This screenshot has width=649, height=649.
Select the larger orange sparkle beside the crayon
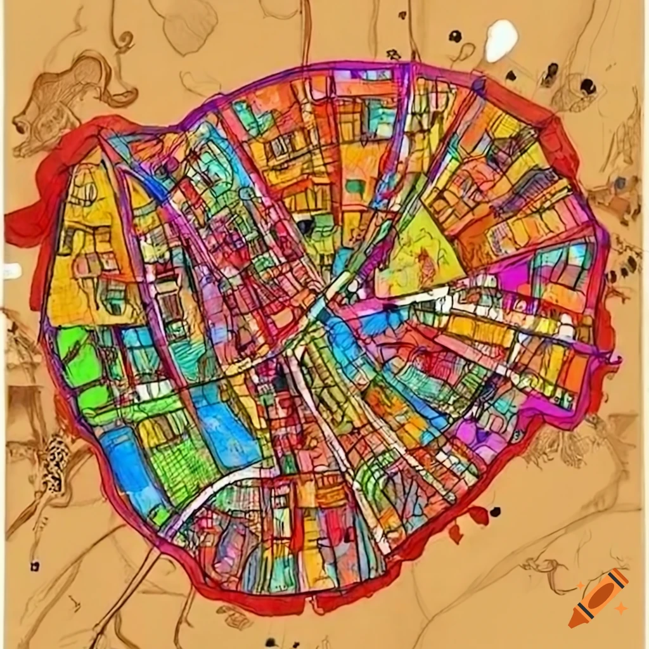coord(621,608)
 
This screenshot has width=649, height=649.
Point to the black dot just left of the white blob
coord(455,37)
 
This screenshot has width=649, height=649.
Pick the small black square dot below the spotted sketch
coord(34,566)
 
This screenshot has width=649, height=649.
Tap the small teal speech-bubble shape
coord(356,186)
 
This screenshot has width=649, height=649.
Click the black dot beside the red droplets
coord(495,511)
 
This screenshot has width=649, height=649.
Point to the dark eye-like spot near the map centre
coord(306,226)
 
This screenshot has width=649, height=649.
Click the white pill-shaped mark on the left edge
coord(11,271)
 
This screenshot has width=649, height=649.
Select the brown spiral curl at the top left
coord(124,41)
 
